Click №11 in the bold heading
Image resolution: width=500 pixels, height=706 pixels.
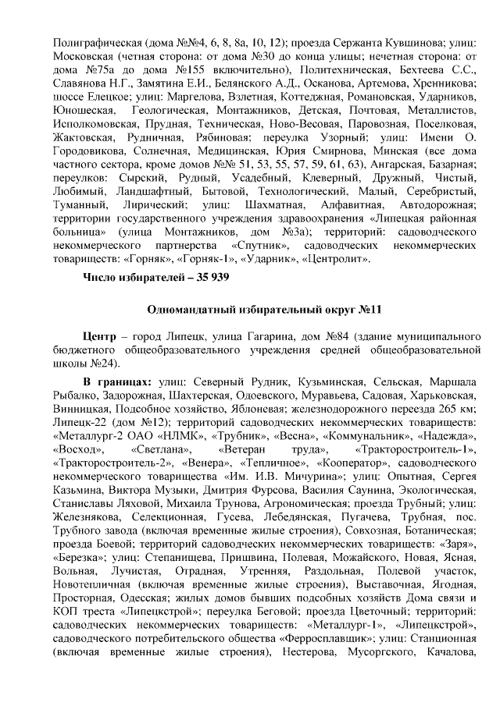(x=367, y=310)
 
